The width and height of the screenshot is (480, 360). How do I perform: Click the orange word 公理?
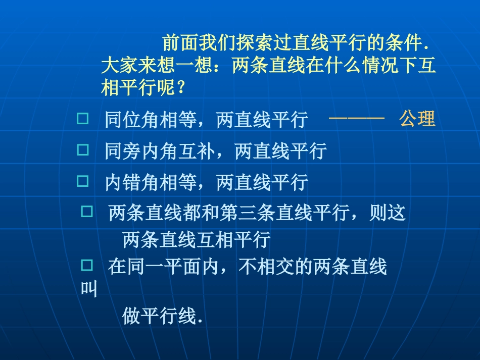pyautogui.click(x=417, y=119)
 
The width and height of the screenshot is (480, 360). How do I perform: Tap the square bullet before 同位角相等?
pyautogui.click(x=82, y=119)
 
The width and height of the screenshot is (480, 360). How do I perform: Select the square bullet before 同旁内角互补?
pyautogui.click(x=82, y=149)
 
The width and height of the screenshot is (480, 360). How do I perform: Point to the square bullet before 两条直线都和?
pyautogui.click(x=87, y=212)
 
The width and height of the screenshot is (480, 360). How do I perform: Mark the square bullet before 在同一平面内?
pyautogui.click(x=87, y=265)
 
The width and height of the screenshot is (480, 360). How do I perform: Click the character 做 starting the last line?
pyautogui.click(x=131, y=317)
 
